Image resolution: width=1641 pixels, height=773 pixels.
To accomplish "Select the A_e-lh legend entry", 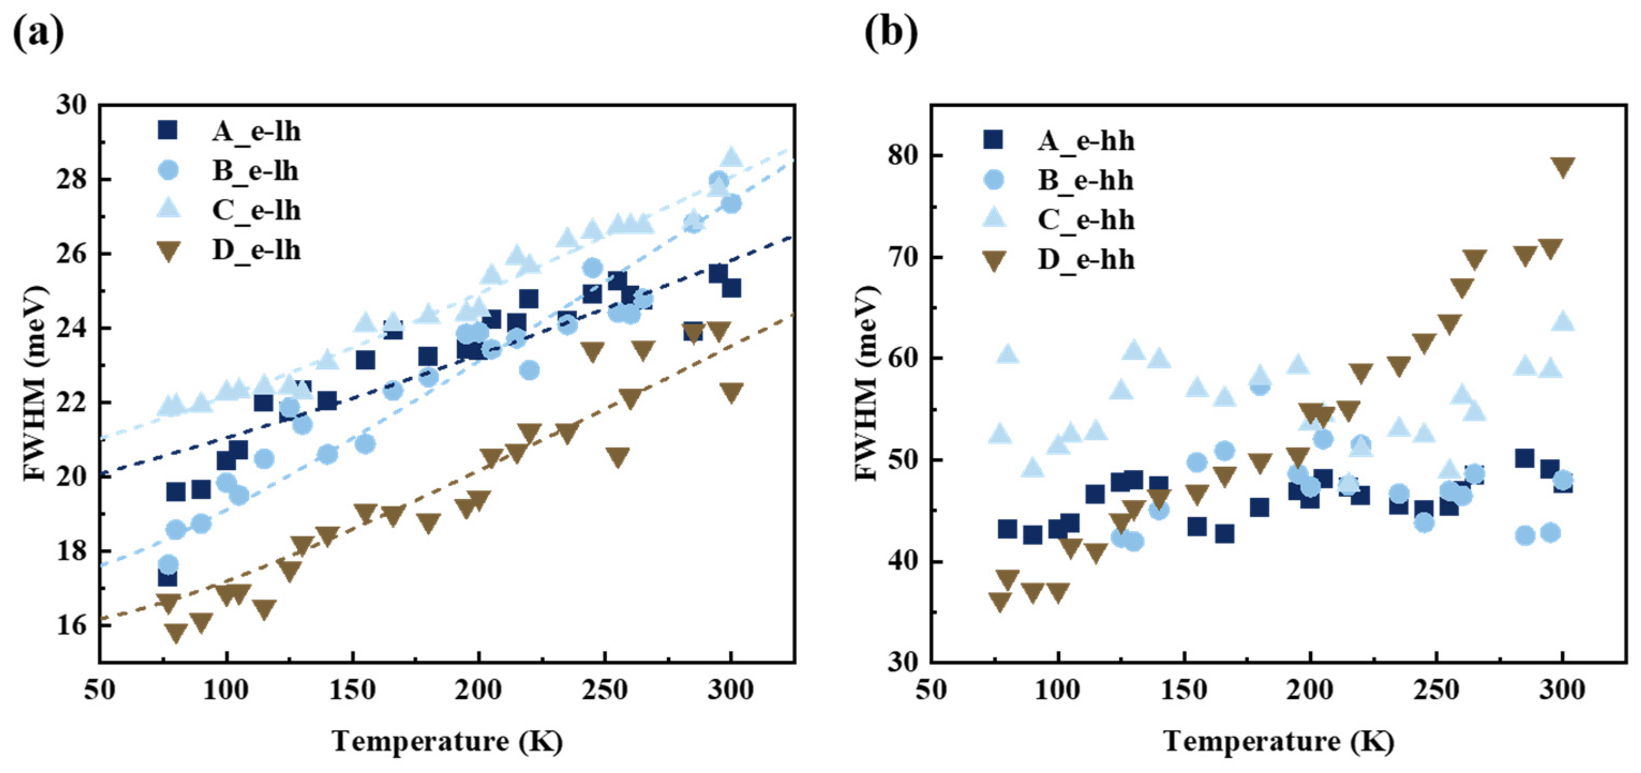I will click(256, 131).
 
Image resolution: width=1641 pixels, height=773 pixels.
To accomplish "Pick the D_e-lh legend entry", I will click(256, 250).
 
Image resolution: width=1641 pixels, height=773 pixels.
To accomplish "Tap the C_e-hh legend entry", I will click(1085, 219).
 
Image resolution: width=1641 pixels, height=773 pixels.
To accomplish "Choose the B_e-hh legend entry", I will click(1085, 180).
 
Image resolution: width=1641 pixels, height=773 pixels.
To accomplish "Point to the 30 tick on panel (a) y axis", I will click(71, 104).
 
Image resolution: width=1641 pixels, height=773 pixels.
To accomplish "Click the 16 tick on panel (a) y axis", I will click(71, 625).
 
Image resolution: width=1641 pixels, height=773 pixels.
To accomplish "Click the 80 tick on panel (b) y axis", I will click(904, 155).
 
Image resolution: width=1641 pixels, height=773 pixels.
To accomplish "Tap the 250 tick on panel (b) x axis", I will click(1436, 689).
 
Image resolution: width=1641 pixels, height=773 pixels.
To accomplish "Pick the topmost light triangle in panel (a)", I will click(731, 156).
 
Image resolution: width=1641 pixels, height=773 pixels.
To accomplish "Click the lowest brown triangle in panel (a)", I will click(175, 632).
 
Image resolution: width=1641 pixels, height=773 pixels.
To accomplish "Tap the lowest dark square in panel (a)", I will click(167, 577).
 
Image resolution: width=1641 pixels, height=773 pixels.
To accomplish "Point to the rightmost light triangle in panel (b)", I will click(1563, 320).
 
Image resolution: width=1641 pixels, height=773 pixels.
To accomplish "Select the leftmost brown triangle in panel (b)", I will click(1000, 602).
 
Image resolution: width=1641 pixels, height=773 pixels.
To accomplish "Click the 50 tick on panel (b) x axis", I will click(931, 689).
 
